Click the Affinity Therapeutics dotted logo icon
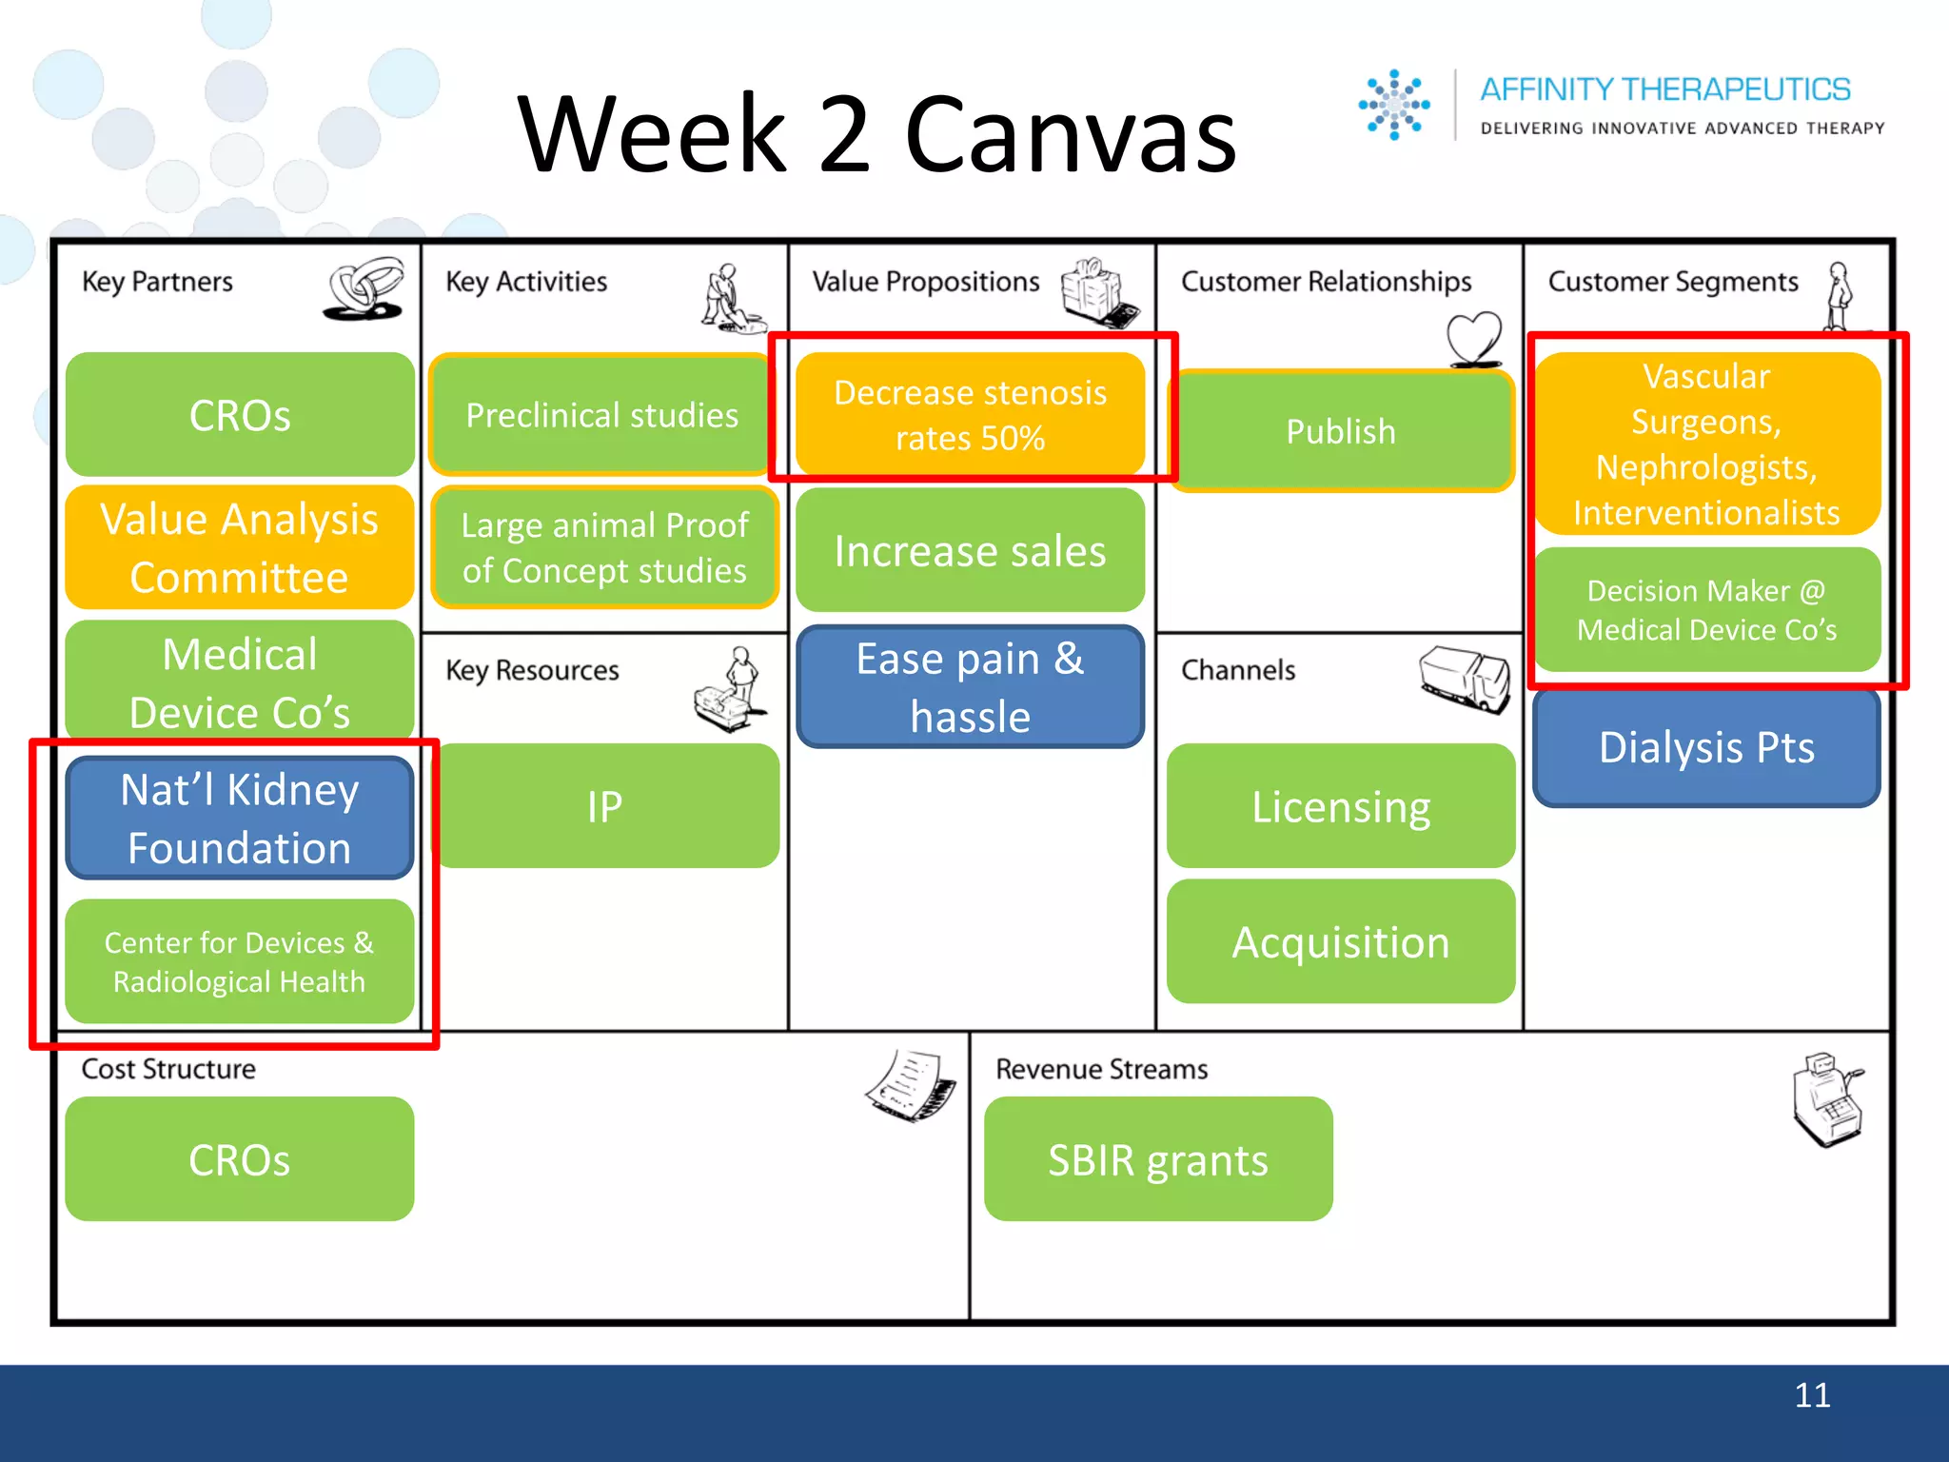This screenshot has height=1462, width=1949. click(1393, 105)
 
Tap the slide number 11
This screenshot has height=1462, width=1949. click(1812, 1395)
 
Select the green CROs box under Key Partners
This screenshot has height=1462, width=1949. click(240, 415)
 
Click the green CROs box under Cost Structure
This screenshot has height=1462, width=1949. click(240, 1159)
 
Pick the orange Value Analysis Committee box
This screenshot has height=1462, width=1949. click(240, 548)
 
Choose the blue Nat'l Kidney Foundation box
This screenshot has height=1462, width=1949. click(240, 819)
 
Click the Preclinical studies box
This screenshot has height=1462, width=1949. click(601, 415)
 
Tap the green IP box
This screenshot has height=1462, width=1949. click(605, 806)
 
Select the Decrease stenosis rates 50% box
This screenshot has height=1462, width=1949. click(970, 415)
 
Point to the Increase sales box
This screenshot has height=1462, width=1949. click(970, 551)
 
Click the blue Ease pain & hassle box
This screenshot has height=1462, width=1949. click(970, 686)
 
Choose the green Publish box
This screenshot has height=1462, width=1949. click(1341, 431)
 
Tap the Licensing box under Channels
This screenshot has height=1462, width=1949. click(1341, 806)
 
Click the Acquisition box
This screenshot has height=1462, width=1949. click(1341, 942)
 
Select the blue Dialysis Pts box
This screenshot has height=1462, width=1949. click(1706, 747)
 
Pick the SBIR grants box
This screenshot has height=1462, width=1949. click(1158, 1159)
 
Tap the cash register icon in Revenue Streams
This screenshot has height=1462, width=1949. click(1827, 1099)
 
